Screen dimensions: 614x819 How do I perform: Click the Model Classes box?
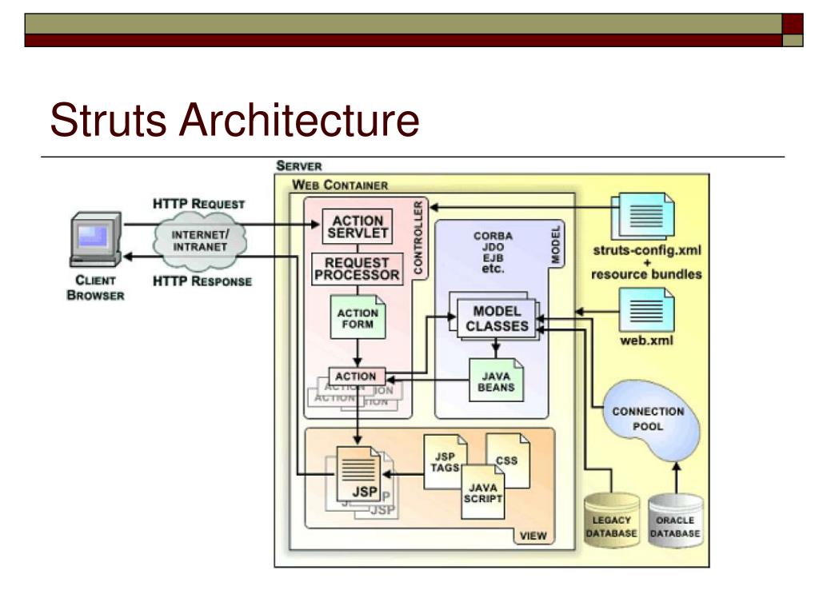pyautogui.click(x=497, y=318)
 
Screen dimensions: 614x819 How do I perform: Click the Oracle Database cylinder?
pyautogui.click(x=675, y=521)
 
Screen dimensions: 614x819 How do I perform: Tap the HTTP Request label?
pyautogui.click(x=198, y=204)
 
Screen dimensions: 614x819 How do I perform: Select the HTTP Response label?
pyautogui.click(x=202, y=281)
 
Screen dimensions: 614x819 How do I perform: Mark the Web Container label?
pyautogui.click(x=340, y=185)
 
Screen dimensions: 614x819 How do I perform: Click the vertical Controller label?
pyautogui.click(x=419, y=237)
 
